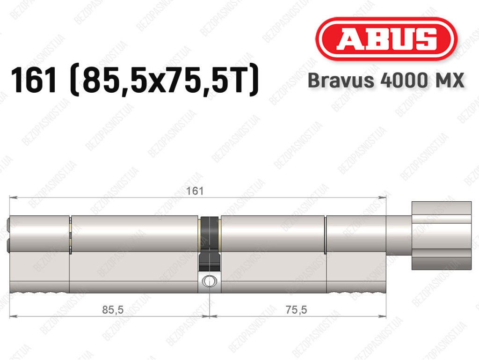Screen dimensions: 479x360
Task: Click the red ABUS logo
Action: [x=386, y=39]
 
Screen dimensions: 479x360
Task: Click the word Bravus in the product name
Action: [x=341, y=81]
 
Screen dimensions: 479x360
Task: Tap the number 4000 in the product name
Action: [x=403, y=81]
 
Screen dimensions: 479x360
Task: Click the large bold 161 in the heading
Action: [x=34, y=80]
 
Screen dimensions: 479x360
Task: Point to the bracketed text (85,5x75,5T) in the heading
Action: [x=164, y=80]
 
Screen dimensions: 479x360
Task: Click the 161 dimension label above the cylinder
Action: [x=195, y=191]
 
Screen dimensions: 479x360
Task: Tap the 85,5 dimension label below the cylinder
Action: [x=113, y=310]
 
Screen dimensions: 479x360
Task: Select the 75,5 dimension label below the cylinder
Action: [x=296, y=310]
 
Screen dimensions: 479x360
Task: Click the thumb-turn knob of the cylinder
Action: [x=442, y=235]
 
